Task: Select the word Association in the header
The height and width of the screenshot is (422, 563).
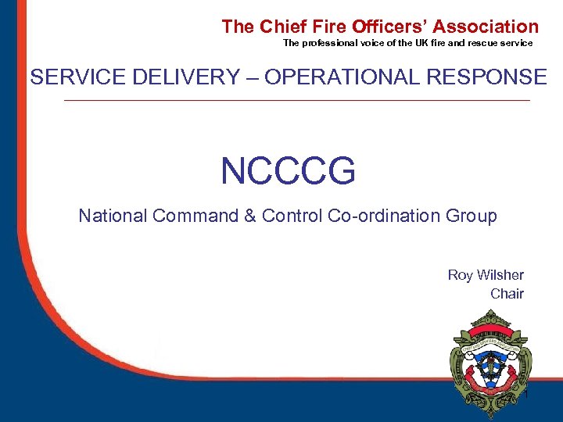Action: point(486,27)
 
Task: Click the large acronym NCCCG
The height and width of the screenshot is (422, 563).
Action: point(288,171)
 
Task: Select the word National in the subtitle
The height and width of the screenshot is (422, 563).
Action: point(113,216)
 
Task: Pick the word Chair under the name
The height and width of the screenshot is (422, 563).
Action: point(507,294)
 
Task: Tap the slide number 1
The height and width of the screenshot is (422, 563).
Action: point(527,395)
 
